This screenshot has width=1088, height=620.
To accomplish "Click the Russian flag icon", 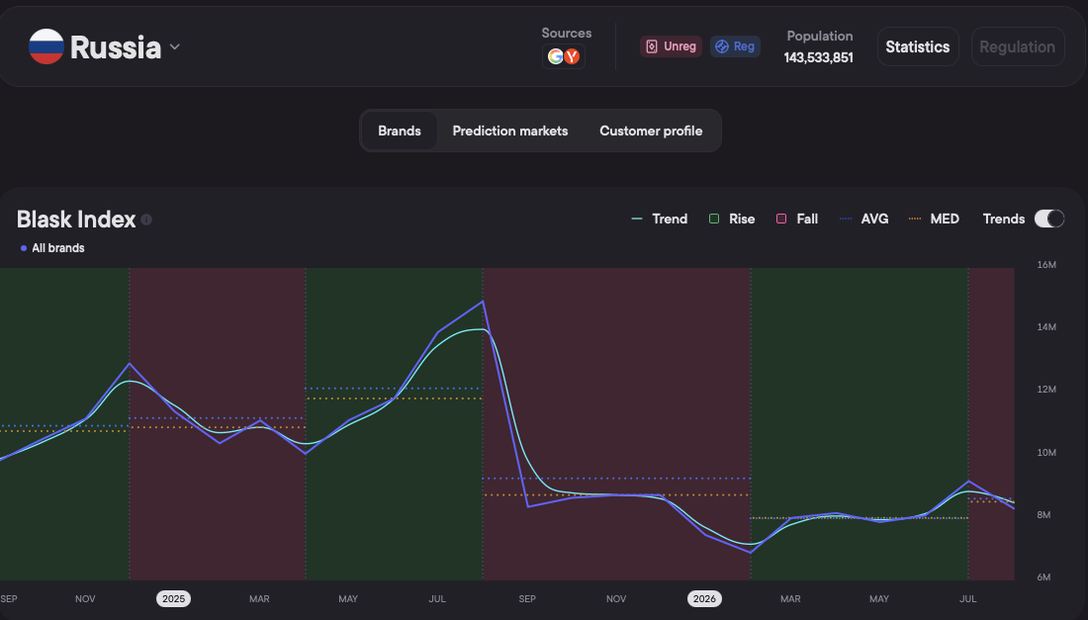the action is coord(46,46).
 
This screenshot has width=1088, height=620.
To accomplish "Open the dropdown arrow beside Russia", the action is coord(175,47).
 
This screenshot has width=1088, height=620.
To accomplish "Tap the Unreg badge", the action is coord(671,46).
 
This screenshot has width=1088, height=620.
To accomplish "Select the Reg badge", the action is coord(735,46).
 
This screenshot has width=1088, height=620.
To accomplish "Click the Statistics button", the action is coord(917,46).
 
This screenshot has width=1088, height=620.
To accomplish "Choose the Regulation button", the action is coord(1017,46).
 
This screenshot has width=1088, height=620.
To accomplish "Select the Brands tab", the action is coord(400,131).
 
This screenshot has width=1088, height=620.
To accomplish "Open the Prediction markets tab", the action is coord(510,131).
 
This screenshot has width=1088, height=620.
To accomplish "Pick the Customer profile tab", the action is coord(651,131).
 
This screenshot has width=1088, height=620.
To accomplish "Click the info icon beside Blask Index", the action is coord(146,220).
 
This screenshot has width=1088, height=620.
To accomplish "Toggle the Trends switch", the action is coord(1048,219).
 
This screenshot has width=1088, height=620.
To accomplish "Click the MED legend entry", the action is coord(934,219).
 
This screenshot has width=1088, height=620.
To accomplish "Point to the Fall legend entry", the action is coord(796,219).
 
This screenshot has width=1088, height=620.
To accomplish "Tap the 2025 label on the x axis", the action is coord(173,598).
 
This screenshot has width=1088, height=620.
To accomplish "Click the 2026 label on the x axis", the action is coord(704,598).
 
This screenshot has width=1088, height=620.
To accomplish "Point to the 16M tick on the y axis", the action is coord(1046,264).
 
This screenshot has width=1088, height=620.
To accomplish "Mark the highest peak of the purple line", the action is coord(483,302).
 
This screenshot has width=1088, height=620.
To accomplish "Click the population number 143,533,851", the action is coord(819,57).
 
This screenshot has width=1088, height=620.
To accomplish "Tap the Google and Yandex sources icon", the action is coord(564,56).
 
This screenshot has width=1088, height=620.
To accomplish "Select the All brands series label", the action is coord(52,247).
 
